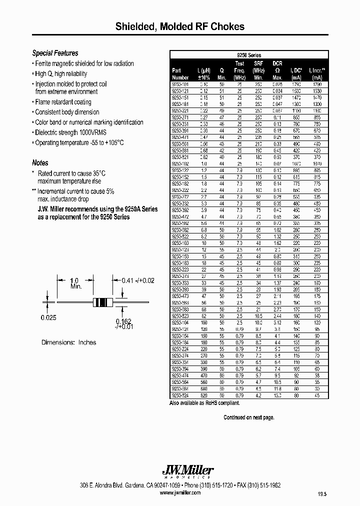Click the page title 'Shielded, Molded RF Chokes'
(180, 26)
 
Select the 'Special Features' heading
(55, 53)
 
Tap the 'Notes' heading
(40, 163)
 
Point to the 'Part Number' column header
(180, 74)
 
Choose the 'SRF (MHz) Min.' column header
(258, 70)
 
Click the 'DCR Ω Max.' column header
(277, 70)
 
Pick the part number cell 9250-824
(180, 394)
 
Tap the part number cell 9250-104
(180, 323)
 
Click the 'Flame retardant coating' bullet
(63, 102)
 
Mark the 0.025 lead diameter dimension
(48, 317)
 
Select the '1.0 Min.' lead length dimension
(75, 283)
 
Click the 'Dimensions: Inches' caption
(69, 342)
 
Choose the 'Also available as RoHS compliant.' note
(204, 402)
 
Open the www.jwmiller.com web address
(180, 492)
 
